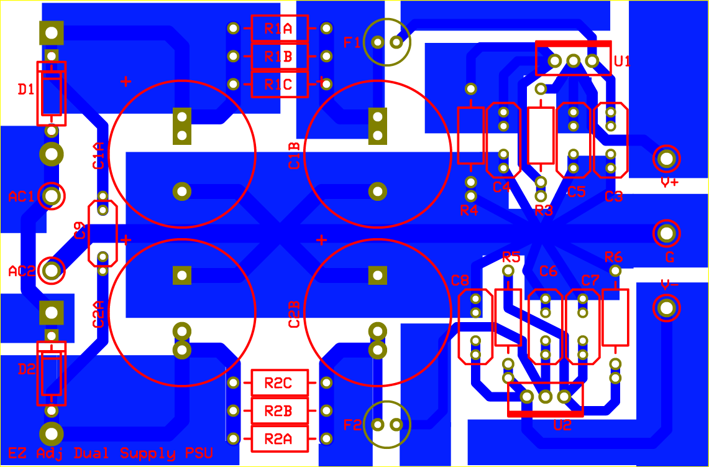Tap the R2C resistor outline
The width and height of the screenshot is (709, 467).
click(280, 383)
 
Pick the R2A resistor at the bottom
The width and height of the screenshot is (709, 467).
click(280, 439)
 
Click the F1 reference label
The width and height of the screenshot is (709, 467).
click(352, 42)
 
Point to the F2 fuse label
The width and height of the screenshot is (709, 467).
click(352, 425)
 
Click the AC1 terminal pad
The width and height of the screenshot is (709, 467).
click(52, 196)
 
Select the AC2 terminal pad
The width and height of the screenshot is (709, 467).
click(52, 270)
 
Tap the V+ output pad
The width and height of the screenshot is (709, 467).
click(666, 159)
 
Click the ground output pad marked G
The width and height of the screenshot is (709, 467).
click(666, 234)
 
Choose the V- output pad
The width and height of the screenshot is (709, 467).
click(666, 308)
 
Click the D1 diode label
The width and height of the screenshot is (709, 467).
click(25, 90)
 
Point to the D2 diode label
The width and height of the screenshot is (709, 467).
click(25, 370)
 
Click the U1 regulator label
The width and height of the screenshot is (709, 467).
click(622, 61)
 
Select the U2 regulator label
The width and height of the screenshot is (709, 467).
click(562, 425)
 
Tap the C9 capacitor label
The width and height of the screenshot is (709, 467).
click(80, 230)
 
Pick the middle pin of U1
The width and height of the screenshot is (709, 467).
click(574, 61)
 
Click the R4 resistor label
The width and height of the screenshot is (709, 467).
click(469, 210)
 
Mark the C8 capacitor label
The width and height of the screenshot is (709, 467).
click(460, 280)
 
